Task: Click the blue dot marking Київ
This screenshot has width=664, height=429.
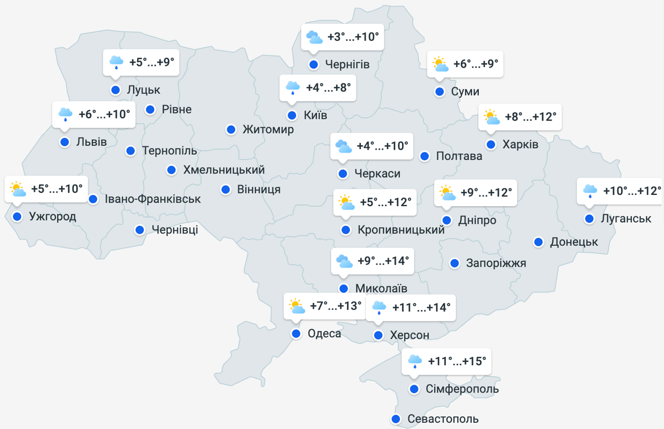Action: [292, 116]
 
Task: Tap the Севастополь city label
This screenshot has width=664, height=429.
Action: [443, 419]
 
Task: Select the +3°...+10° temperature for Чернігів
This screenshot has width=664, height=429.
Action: [353, 37]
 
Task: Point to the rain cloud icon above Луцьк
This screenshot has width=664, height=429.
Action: [116, 62]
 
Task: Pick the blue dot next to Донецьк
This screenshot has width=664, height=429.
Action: [538, 242]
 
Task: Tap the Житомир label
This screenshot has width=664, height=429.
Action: [268, 130]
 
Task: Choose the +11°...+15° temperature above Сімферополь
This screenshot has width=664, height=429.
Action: [457, 361]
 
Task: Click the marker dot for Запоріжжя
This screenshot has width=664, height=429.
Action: [455, 263]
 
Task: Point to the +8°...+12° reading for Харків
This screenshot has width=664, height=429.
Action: [530, 117]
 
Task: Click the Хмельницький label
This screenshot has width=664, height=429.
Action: [224, 170]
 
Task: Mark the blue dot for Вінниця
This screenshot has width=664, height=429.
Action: [225, 190]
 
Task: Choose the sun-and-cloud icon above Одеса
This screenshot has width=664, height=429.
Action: [296, 306]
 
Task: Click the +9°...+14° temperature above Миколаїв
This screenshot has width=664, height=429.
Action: [383, 261]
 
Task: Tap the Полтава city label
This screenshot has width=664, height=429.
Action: [459, 156]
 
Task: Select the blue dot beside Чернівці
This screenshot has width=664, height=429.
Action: [140, 230]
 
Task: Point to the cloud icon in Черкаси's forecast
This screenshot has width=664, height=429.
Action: [343, 147]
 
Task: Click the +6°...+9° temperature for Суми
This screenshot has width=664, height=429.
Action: [475, 64]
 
